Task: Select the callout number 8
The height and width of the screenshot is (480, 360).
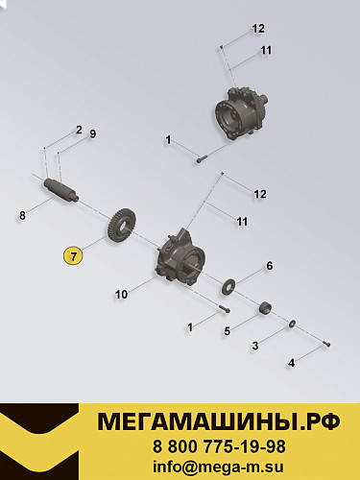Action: click(22, 216)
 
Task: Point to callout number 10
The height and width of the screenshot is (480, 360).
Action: click(121, 295)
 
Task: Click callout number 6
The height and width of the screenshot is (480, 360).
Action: click(270, 265)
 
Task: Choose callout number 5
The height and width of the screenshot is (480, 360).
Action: click(227, 331)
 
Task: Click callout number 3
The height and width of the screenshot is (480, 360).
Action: click(255, 345)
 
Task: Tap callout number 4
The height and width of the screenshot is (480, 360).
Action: click(292, 363)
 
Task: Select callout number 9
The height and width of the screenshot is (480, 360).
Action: click(92, 133)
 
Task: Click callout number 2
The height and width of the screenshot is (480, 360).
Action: click(79, 129)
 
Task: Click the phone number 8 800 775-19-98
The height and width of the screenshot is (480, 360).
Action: click(219, 446)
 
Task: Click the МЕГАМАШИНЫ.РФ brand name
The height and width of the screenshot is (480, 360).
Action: click(220, 421)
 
